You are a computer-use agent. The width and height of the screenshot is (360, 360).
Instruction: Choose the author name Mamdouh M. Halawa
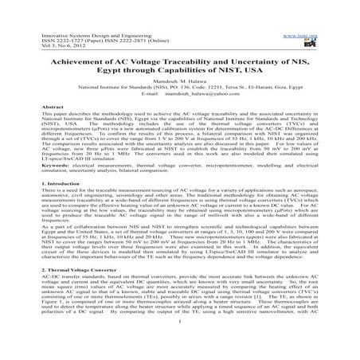coord(180,76)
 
